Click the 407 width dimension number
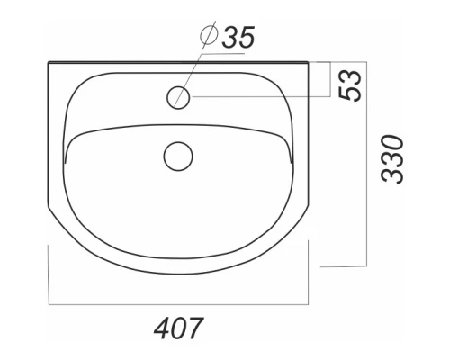[179, 328]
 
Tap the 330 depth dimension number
[392, 159]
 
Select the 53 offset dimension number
[350, 85]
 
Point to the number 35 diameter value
[238, 37]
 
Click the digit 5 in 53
[350, 94]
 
